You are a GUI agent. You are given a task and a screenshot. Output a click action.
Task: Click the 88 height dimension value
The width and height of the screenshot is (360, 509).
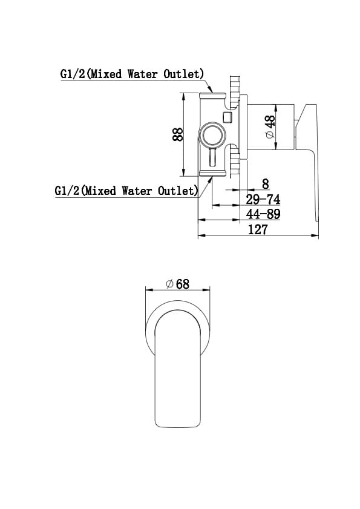coord(178,134)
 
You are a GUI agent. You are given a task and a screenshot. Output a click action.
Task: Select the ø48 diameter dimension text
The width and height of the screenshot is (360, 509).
coord(270,126)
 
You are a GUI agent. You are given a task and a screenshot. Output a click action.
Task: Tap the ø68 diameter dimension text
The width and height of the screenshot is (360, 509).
coord(177,284)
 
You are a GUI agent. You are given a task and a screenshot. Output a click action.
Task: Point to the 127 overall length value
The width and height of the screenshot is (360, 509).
coord(258,229)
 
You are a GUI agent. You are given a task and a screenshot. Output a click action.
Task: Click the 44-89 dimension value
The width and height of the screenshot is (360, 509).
coord(263,214)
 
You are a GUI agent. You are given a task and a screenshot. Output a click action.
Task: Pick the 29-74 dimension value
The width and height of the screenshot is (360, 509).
coord(263,199)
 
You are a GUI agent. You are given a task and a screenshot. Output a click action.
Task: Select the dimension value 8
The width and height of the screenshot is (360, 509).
coord(266,184)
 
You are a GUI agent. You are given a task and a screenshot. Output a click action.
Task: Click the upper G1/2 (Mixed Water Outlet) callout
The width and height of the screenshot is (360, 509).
coord(132,74)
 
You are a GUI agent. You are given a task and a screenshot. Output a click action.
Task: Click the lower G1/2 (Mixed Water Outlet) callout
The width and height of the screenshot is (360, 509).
coord(126,191)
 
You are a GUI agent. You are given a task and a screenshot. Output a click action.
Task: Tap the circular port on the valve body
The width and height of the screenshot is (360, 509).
coord(212,135)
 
